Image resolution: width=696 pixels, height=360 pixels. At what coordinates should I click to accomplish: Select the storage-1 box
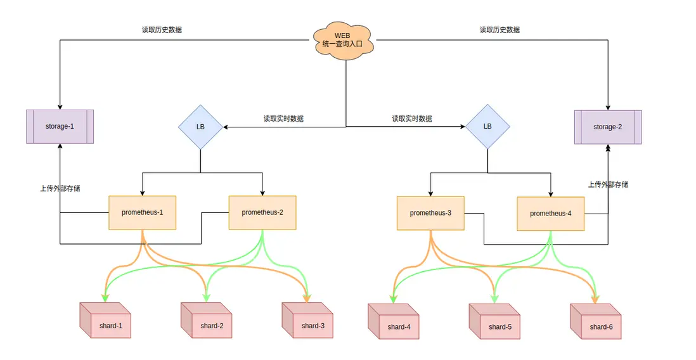60,126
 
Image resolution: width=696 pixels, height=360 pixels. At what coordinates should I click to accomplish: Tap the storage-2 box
608,127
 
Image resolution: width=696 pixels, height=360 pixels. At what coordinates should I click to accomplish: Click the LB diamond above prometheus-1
200,127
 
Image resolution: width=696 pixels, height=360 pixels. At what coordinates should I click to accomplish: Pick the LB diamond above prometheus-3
487,126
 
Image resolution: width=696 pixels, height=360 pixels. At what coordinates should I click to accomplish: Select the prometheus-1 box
142,212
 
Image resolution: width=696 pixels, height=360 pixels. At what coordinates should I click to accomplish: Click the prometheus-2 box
262,212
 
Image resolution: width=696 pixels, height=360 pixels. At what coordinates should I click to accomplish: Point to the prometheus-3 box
430,213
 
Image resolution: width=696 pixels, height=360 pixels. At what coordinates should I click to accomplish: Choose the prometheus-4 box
550,214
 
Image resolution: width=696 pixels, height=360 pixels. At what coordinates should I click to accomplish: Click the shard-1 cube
105,321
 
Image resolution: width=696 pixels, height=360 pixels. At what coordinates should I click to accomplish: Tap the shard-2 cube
206,321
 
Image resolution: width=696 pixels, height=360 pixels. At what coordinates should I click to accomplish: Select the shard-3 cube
307,321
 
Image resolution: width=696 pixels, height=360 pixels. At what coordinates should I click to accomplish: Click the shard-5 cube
494,323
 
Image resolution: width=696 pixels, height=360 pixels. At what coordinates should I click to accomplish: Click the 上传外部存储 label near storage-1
60,188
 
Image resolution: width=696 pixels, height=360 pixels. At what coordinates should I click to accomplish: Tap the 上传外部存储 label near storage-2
608,184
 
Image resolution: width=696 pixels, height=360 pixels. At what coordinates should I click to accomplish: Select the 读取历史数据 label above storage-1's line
162,29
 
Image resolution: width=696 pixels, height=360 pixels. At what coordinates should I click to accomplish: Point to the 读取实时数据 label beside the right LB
412,119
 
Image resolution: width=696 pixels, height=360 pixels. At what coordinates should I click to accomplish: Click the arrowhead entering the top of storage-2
608,107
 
